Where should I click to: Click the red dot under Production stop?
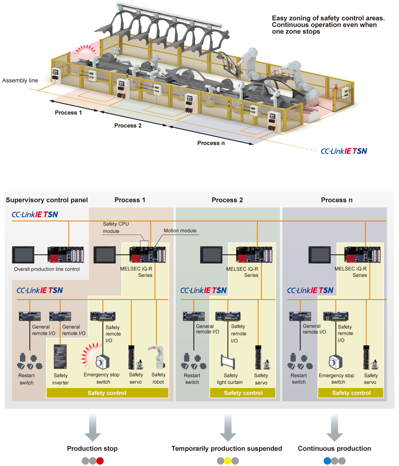coord(100,461)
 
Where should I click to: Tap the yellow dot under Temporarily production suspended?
coord(228,461)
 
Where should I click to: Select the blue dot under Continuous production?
coord(327,461)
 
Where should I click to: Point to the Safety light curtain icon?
coord(228,362)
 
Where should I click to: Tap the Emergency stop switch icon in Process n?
coord(336,362)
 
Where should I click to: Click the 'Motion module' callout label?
coord(180,231)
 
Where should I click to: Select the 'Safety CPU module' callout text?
coord(116,227)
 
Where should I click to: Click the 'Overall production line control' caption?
coord(47,269)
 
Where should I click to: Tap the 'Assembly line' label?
coord(20,80)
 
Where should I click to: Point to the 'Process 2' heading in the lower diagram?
coord(227,200)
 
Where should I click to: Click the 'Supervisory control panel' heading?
coord(47,200)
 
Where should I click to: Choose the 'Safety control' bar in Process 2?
coord(243,393)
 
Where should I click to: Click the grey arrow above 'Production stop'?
coord(93,427)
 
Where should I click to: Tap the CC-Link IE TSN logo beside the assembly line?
coord(344,151)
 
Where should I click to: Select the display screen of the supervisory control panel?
coord(23,255)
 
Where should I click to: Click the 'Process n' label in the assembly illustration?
coord(211,143)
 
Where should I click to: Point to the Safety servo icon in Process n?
coord(371,358)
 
